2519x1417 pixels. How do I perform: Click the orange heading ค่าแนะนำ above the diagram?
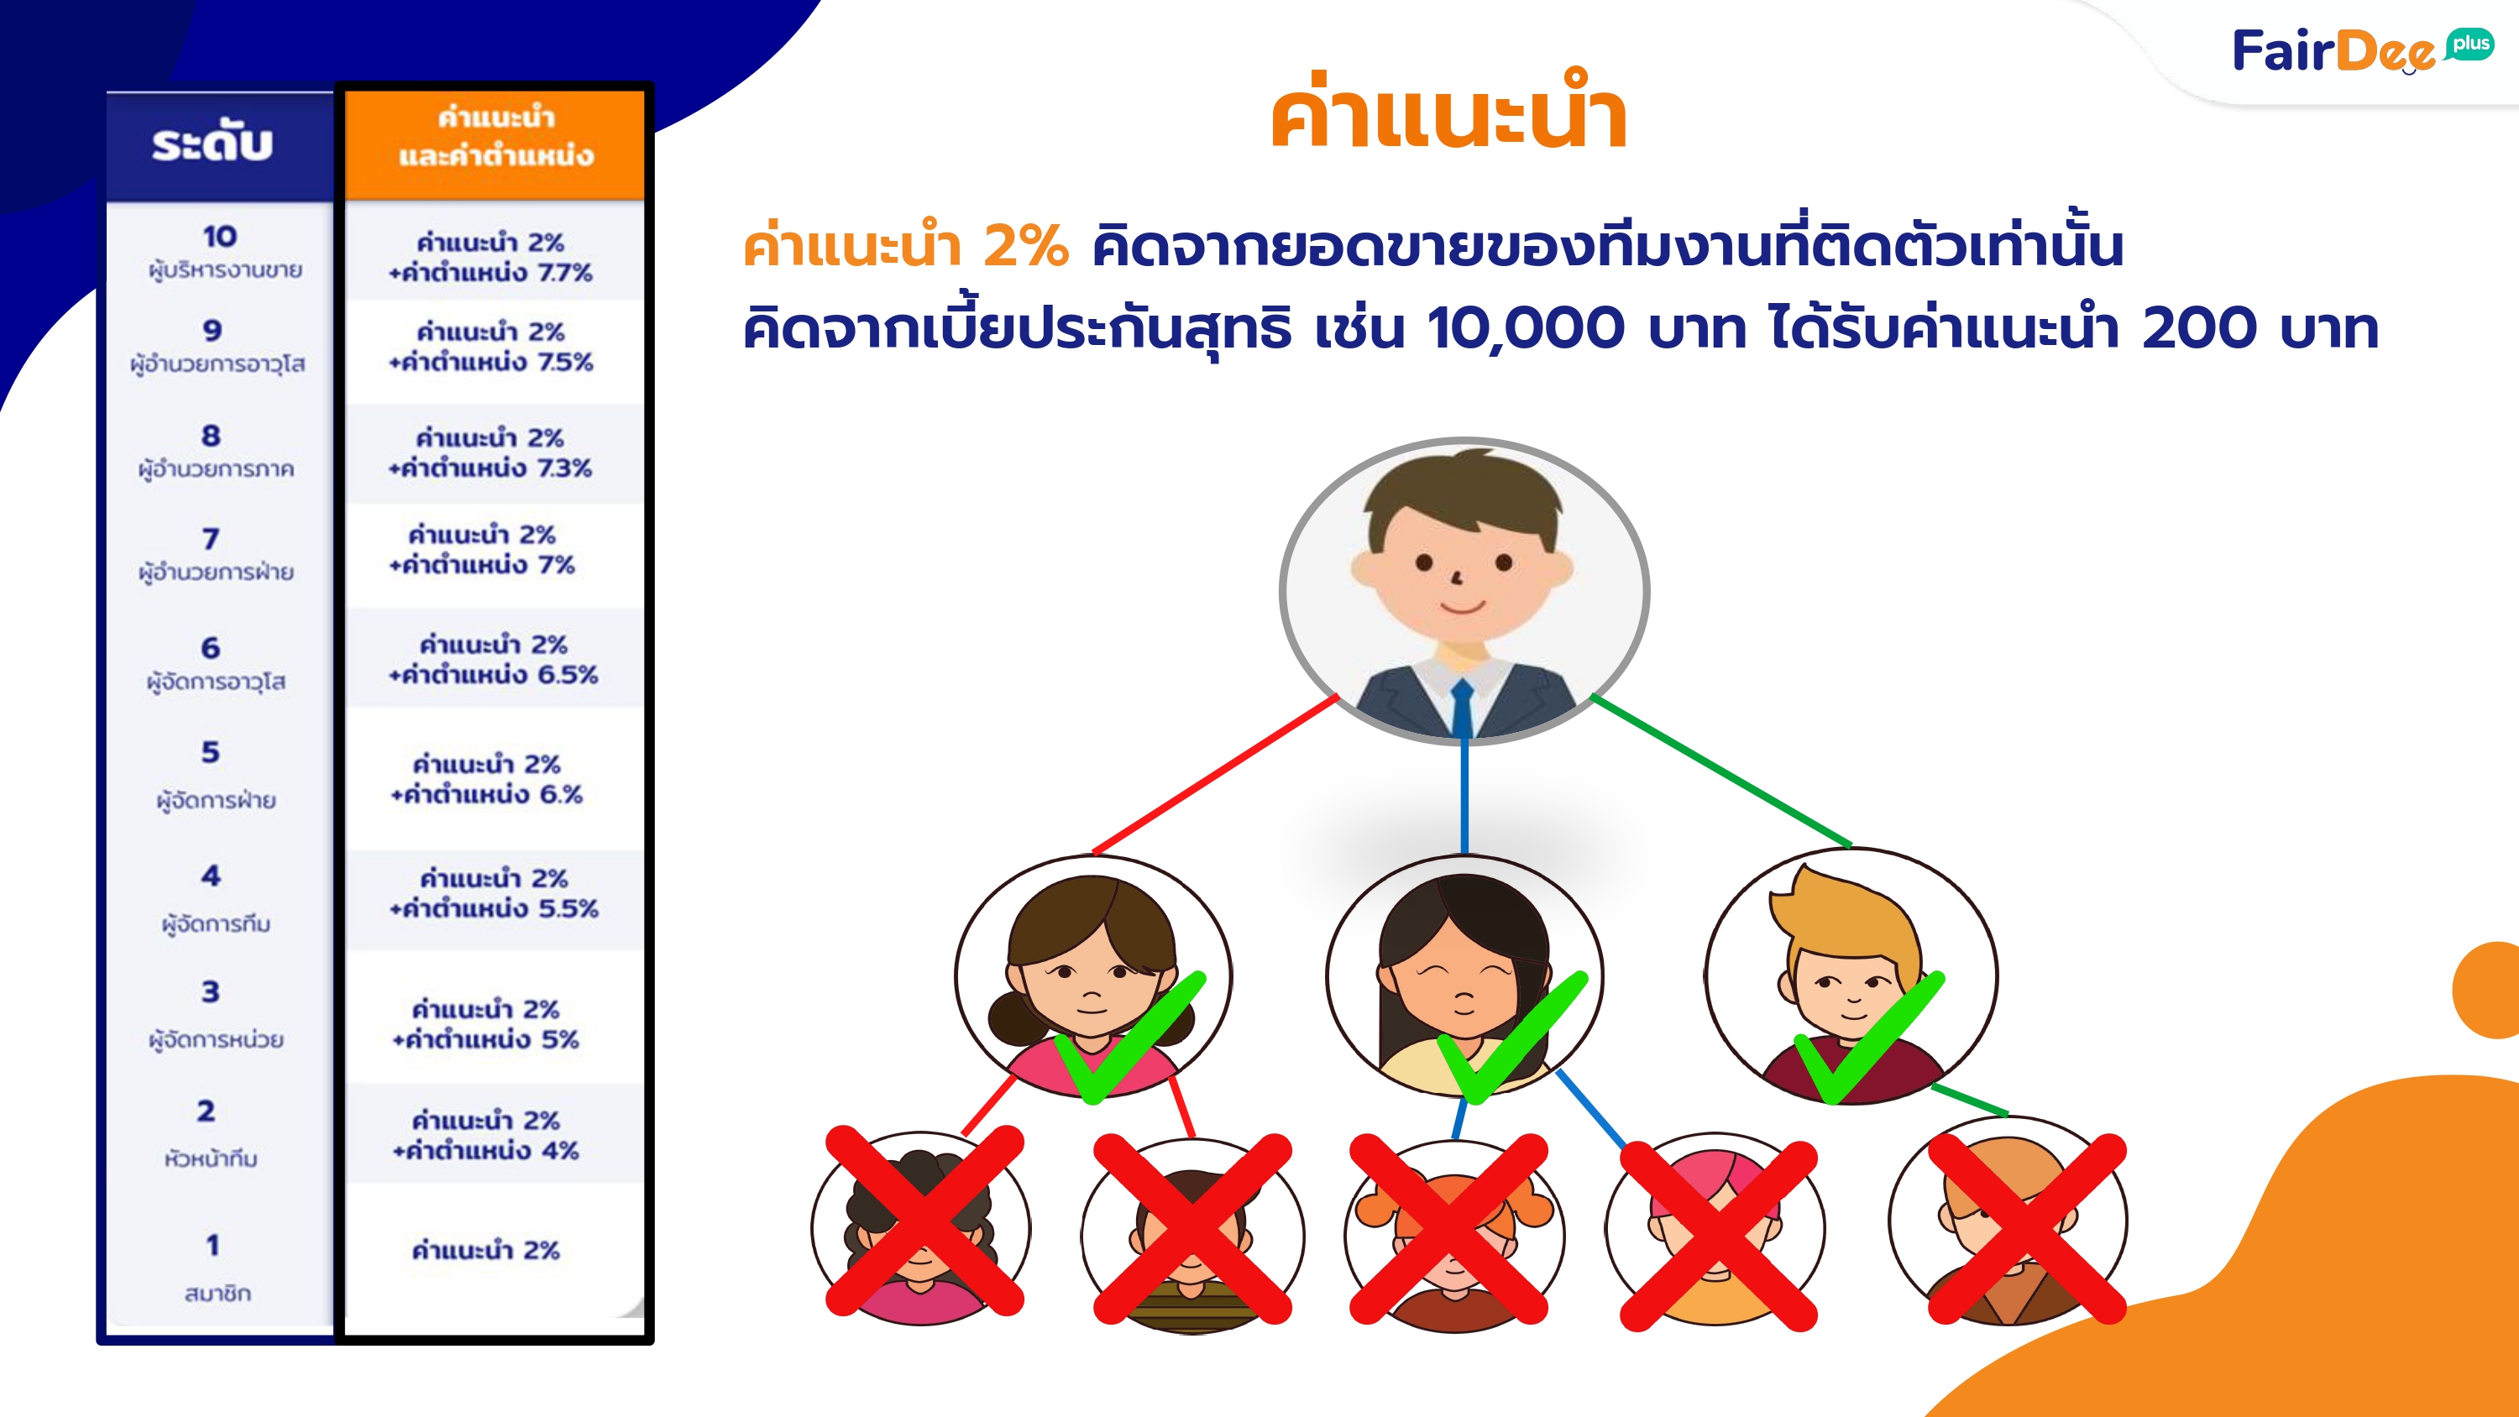pyautogui.click(x=1448, y=112)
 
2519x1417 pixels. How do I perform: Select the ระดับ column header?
pyautogui.click(x=213, y=144)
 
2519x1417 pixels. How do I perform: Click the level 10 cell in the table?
pyautogui.click(x=221, y=250)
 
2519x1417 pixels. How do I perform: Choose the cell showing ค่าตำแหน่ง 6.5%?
pyautogui.click(x=493, y=659)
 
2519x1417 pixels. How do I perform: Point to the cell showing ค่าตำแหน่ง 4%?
pyautogui.click(x=486, y=1134)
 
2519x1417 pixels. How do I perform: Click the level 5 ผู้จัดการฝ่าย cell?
pyautogui.click(x=215, y=776)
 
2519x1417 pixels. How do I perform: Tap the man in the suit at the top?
pyautogui.click(x=1464, y=591)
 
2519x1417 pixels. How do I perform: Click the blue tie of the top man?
pyautogui.click(x=1462, y=709)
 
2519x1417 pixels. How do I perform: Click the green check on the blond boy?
pyautogui.click(x=1869, y=1038)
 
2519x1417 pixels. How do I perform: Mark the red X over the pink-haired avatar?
pyautogui.click(x=1718, y=1235)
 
